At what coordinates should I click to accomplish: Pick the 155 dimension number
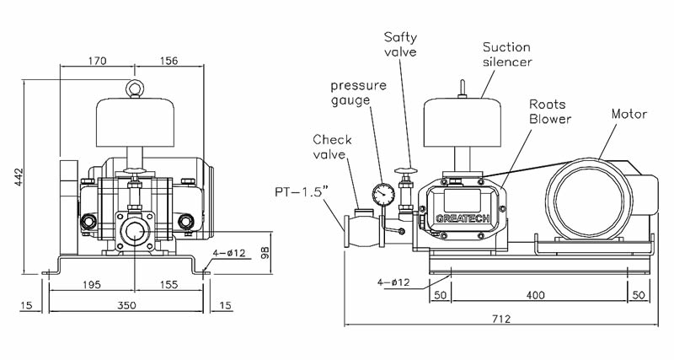pyautogui.click(x=168, y=286)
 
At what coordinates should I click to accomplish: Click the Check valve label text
pyautogui.click(x=332, y=147)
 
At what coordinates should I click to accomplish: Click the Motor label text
pyautogui.click(x=629, y=113)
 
